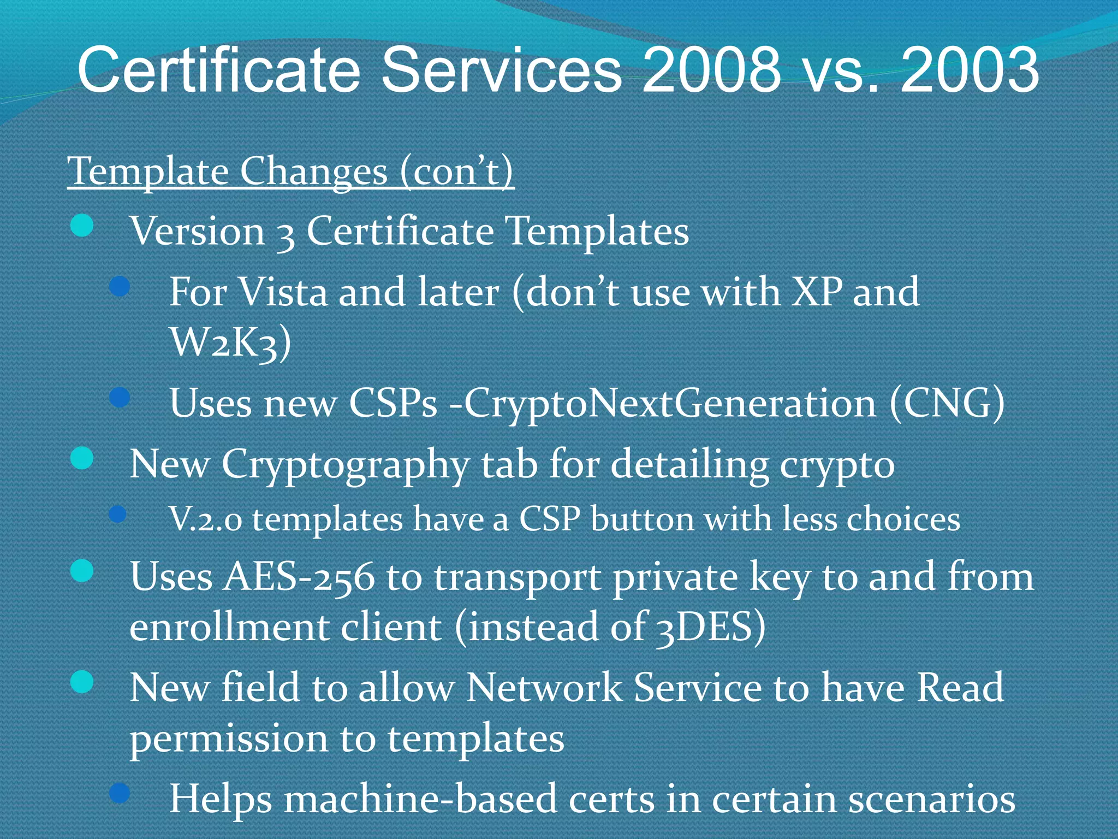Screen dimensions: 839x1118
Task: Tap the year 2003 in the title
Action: click(969, 70)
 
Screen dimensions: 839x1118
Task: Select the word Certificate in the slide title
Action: click(218, 70)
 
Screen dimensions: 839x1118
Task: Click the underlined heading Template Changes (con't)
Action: click(290, 172)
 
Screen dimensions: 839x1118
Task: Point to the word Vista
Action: click(283, 292)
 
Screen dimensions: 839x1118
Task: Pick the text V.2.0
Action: click(205, 519)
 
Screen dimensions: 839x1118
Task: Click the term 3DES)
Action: click(710, 628)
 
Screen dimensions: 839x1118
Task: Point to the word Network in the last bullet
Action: click(543, 688)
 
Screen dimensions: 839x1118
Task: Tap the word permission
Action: click(228, 739)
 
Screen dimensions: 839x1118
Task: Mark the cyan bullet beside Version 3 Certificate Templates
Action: click(82, 226)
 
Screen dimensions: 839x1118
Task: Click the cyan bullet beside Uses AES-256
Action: click(82, 571)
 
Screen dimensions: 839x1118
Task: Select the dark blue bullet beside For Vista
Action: click(119, 286)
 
